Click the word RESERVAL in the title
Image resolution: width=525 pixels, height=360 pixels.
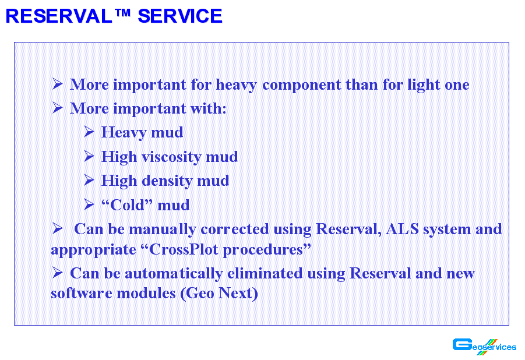click(x=59, y=16)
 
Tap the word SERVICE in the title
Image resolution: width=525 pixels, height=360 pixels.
click(x=180, y=16)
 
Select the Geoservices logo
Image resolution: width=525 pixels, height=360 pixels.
click(x=484, y=347)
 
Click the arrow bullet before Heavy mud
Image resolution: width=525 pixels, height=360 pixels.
click(x=89, y=132)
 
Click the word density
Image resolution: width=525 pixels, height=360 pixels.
click(x=167, y=181)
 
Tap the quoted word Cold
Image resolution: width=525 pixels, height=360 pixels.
click(x=127, y=205)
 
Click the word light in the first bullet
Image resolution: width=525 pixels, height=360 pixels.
click(x=424, y=84)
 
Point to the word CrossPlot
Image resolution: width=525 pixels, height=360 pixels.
click(x=184, y=249)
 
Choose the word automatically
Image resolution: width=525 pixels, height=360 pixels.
click(x=174, y=274)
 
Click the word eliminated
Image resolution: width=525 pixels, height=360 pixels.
click(x=265, y=273)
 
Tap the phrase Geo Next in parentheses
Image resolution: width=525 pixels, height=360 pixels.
click(x=219, y=294)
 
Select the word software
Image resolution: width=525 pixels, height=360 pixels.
click(x=82, y=294)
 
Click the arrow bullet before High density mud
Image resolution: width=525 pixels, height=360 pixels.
click(x=89, y=180)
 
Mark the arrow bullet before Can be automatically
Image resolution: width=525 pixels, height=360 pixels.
click(x=58, y=273)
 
